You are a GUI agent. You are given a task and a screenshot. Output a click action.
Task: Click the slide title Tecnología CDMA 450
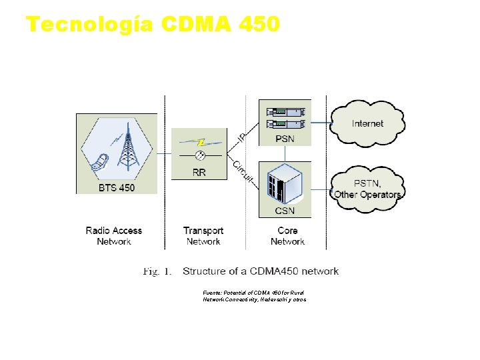[x=153, y=25]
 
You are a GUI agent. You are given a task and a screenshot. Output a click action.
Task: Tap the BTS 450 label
[x=117, y=188]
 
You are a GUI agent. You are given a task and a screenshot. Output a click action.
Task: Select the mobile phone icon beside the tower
[x=101, y=163]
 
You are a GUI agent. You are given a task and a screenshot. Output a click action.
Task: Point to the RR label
[x=199, y=173]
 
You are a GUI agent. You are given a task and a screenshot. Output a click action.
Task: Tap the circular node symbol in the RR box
[x=199, y=157]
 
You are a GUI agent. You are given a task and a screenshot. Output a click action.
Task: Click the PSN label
[x=285, y=139]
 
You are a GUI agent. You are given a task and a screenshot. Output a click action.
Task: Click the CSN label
[x=285, y=211]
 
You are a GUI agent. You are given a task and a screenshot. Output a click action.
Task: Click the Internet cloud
[x=367, y=123]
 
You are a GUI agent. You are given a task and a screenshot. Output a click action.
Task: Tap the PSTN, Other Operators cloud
[x=367, y=189]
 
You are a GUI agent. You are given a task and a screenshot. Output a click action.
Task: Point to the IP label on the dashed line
[x=242, y=137]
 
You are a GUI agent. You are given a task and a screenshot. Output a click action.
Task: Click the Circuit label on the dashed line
[x=243, y=170]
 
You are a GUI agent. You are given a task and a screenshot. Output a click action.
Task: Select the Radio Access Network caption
[x=114, y=236]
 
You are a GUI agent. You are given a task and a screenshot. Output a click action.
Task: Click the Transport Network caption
[x=203, y=236]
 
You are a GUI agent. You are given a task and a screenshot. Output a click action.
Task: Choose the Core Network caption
[x=287, y=236]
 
